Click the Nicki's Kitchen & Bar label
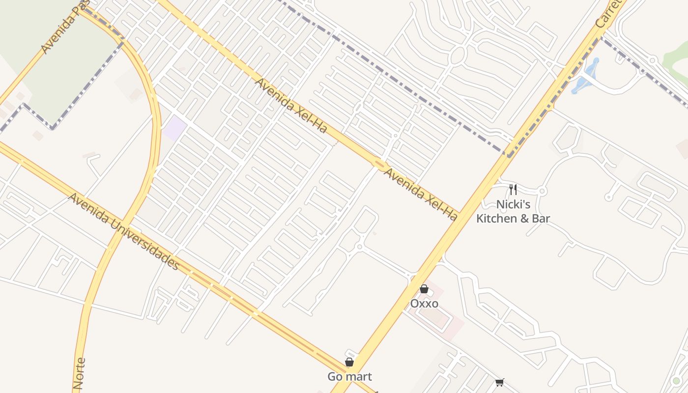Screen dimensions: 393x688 (513, 211)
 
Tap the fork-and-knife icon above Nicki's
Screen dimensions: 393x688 (513, 190)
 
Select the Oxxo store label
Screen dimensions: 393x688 (424, 304)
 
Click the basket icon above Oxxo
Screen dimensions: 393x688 (424, 289)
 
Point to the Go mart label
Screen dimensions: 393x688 (349, 377)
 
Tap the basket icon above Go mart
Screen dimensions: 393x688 (349, 363)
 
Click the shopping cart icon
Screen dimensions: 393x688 (500, 382)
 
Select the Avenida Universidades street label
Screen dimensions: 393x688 (123, 231)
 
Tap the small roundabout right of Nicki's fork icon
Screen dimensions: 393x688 (543, 191)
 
